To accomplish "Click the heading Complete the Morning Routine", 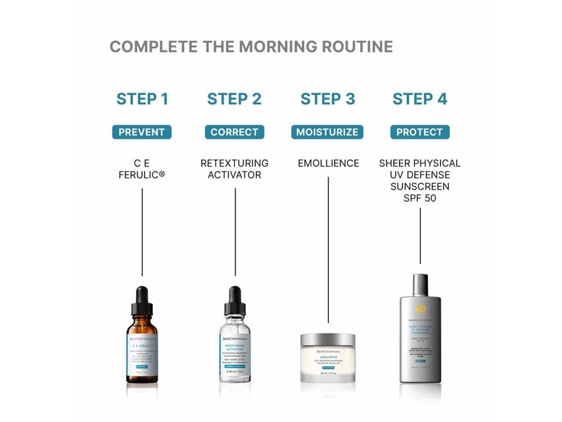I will click(x=251, y=47).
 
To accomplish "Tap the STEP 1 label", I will click(x=142, y=99).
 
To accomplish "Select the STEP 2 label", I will click(x=234, y=99).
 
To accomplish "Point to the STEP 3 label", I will click(x=328, y=99).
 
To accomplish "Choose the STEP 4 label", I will click(x=420, y=99).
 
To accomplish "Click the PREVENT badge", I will click(x=142, y=132).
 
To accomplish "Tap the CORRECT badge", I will click(x=234, y=132).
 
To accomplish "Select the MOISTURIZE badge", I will click(x=328, y=132).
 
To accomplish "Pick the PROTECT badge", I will click(x=420, y=132).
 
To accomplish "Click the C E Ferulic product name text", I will click(x=142, y=169).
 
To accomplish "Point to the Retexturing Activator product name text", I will click(x=234, y=169).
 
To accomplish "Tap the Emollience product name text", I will click(x=328, y=163).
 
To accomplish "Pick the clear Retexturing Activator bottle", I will click(x=234, y=353).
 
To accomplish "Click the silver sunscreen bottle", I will click(x=420, y=337).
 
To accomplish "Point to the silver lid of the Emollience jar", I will click(x=328, y=339).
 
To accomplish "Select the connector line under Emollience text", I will click(x=328, y=251).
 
